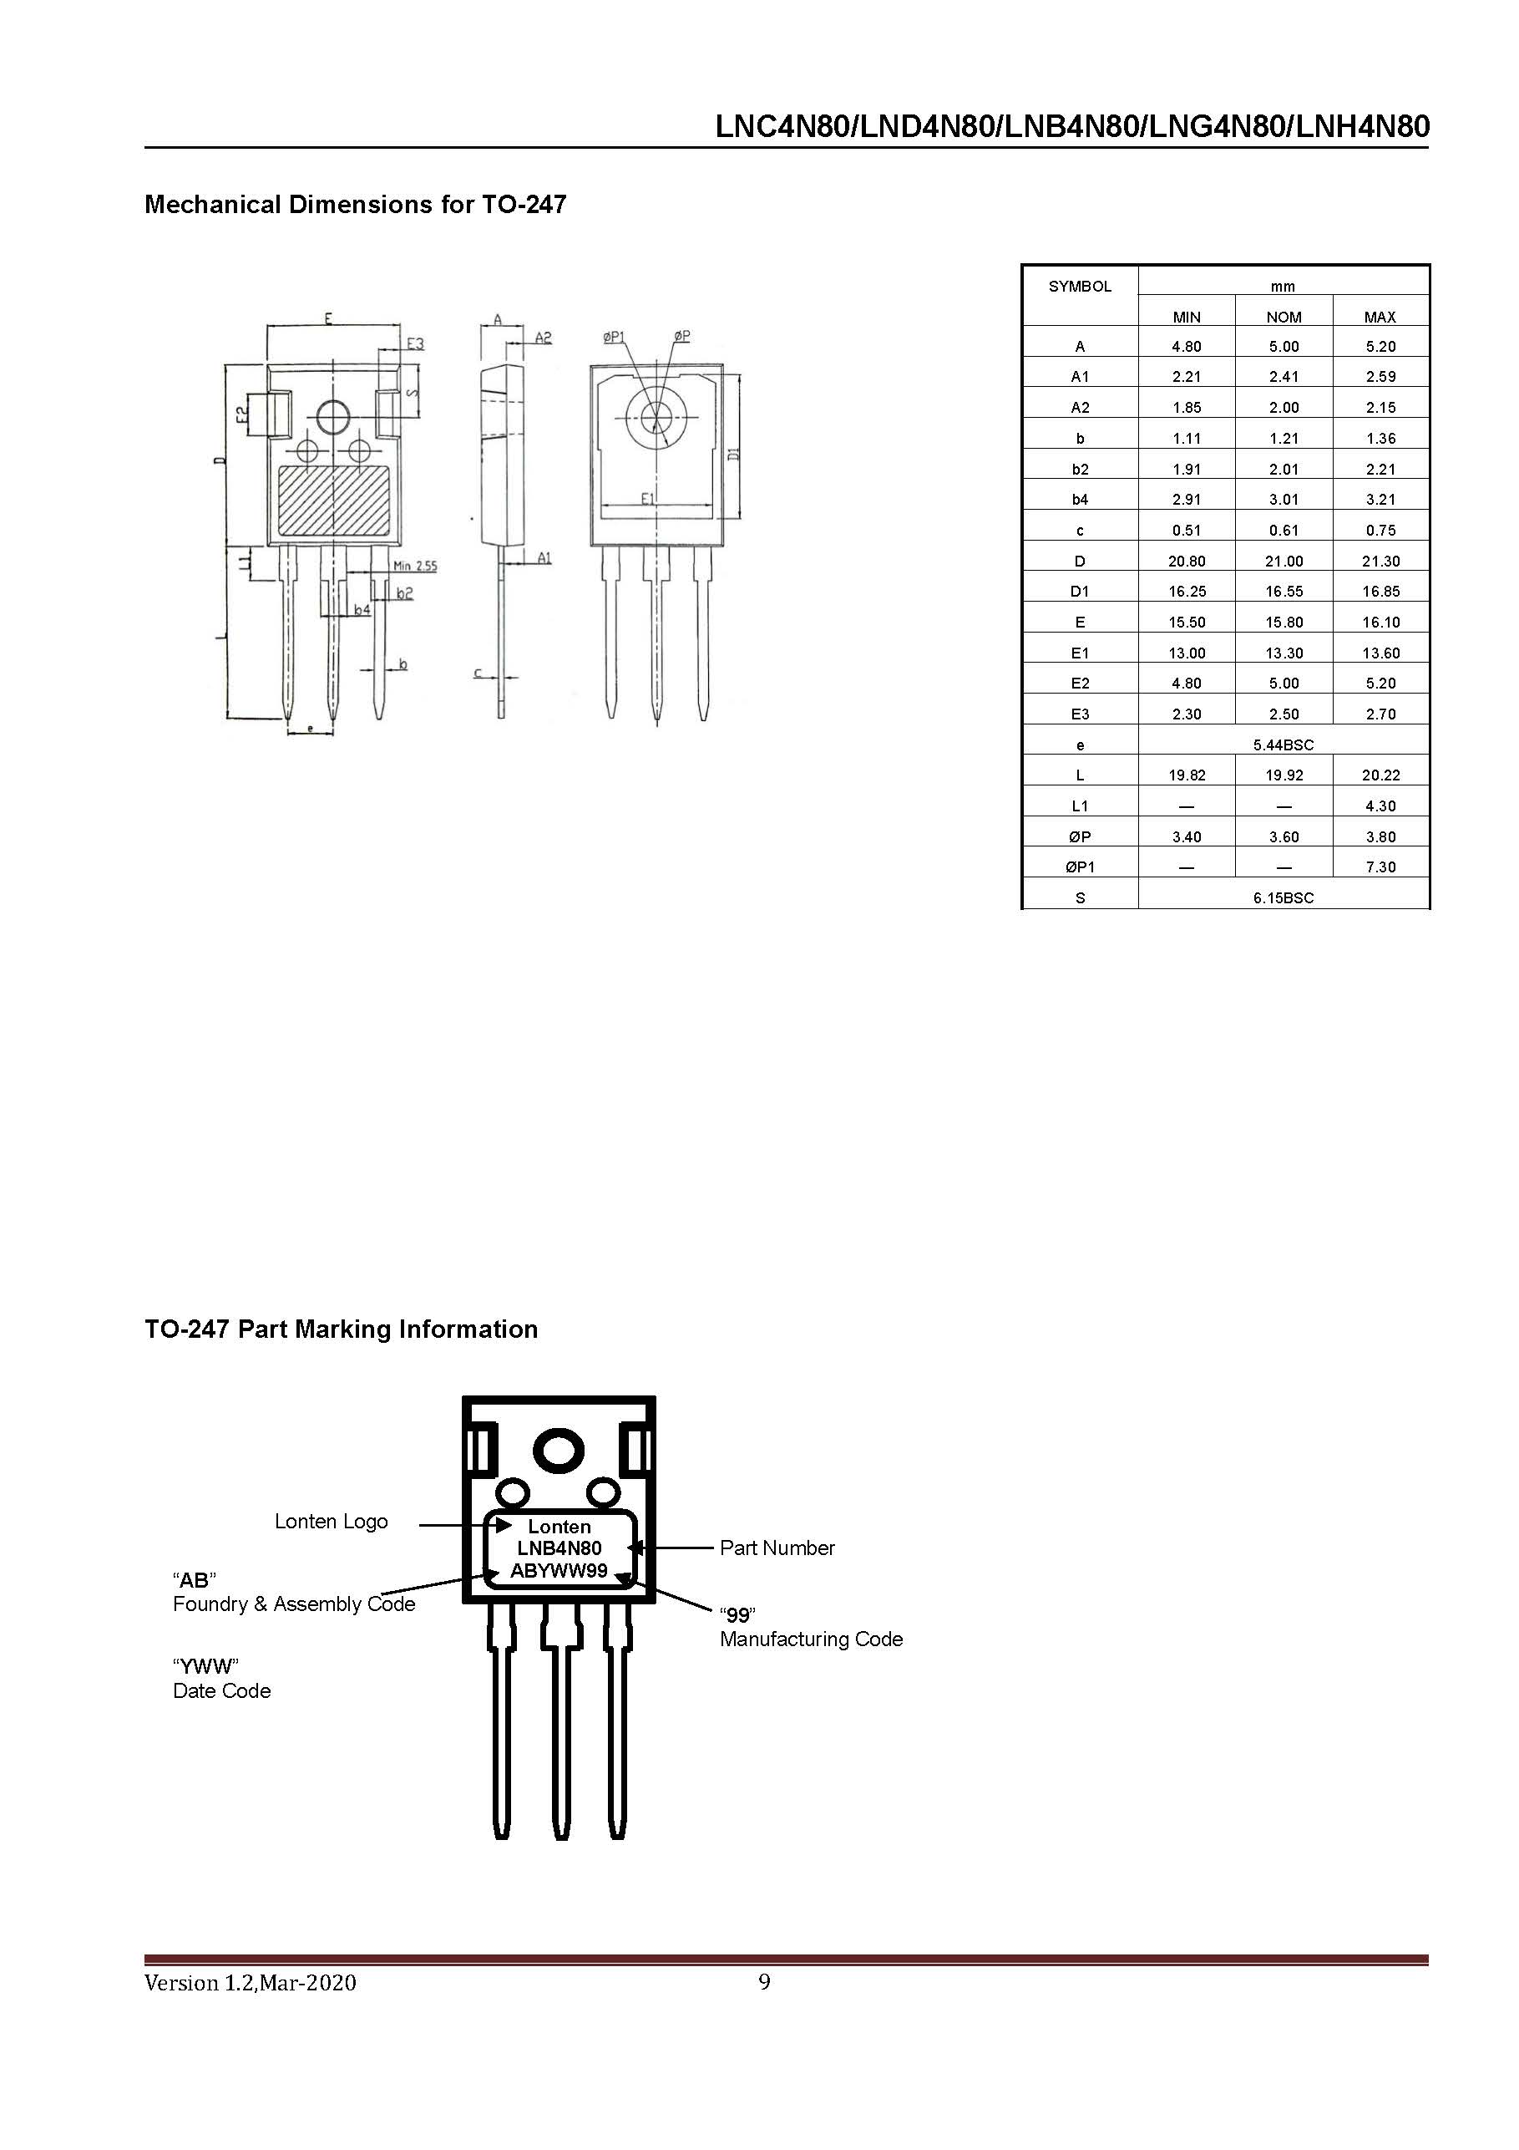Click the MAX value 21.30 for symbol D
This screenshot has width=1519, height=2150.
tap(1380, 561)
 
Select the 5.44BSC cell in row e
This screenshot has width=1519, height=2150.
tap(1284, 745)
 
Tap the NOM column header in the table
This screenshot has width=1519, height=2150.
tap(1284, 318)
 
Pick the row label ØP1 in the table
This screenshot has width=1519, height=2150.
tap(1079, 867)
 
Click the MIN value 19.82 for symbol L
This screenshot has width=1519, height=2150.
tap(1186, 775)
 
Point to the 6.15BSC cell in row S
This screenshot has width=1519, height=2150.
tap(1284, 898)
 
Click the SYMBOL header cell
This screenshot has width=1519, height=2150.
tap(1079, 287)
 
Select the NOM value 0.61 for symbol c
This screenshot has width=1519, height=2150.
tap(1284, 530)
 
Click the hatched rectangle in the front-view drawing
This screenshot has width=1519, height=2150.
tap(334, 501)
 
